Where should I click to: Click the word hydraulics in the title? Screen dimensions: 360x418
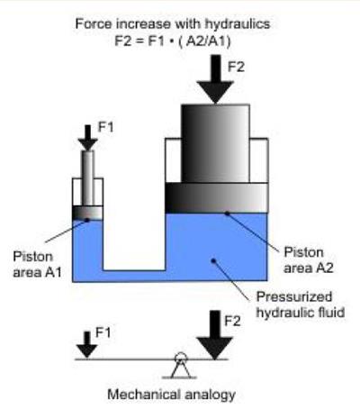[238, 24]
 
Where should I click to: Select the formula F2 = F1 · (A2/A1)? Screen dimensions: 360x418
[173, 41]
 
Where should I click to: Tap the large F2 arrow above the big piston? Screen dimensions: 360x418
[215, 79]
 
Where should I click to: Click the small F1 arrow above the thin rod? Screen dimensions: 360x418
[87, 138]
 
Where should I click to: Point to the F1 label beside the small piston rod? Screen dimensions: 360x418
[106, 127]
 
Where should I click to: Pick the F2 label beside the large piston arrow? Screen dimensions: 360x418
[236, 67]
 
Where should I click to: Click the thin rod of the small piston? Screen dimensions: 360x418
[88, 178]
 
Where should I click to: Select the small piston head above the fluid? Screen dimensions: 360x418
[87, 213]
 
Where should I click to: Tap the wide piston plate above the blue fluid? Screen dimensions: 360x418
[216, 198]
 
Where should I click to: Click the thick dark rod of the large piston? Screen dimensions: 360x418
[215, 143]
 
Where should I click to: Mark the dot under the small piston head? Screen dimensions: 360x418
[87, 220]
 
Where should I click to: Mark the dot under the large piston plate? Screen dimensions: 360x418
[228, 214]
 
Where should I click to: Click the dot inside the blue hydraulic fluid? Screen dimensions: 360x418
[213, 260]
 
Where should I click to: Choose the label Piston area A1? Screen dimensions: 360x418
[37, 265]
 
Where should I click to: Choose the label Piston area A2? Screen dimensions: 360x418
[309, 260]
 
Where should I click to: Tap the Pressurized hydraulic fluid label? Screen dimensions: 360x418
[301, 304]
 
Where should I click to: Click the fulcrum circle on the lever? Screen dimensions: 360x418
[181, 358]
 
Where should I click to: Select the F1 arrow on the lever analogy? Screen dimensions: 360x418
[87, 345]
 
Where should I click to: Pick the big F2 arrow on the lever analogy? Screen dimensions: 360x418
[215, 335]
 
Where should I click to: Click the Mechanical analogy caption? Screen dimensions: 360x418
[171, 395]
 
